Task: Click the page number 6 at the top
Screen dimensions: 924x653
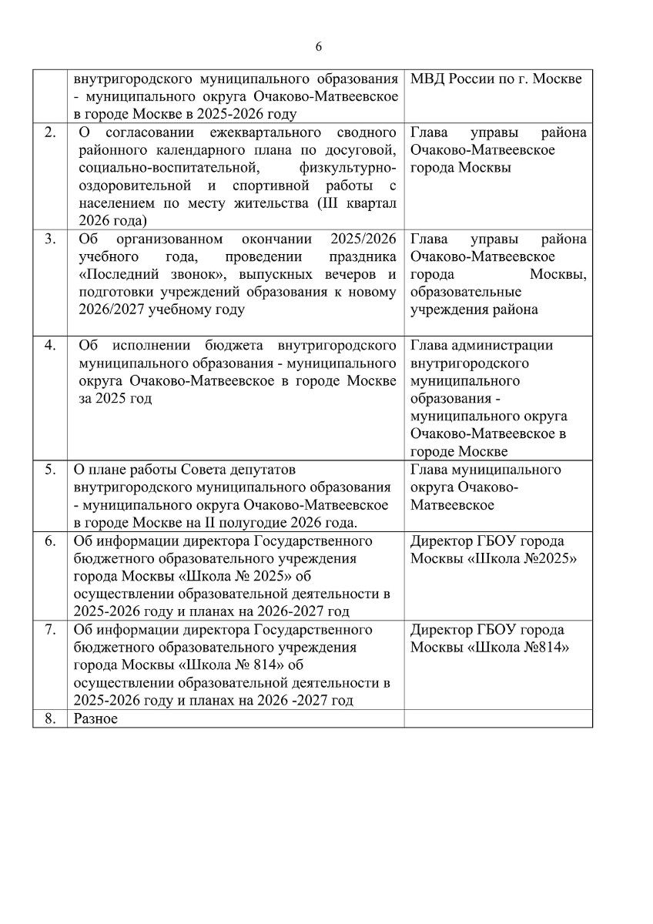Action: click(x=319, y=47)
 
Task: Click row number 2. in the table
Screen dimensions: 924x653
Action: click(x=50, y=132)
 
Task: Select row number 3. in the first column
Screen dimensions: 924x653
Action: click(x=50, y=239)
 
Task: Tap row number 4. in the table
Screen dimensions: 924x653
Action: click(x=50, y=346)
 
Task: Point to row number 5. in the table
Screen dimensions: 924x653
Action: click(x=50, y=470)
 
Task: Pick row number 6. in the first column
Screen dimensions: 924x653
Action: click(x=50, y=541)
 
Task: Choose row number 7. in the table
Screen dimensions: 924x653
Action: click(x=50, y=630)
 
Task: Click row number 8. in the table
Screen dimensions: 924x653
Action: click(x=50, y=719)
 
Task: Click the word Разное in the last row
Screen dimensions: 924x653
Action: click(x=95, y=719)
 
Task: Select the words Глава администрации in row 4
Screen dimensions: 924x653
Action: click(x=481, y=346)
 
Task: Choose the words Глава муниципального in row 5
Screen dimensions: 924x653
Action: click(x=486, y=470)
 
